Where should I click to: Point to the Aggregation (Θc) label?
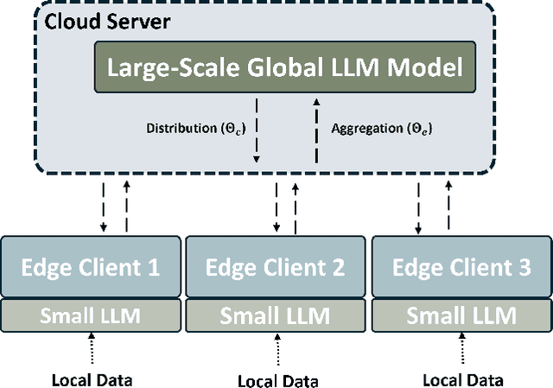382,129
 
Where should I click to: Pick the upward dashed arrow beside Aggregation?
315,129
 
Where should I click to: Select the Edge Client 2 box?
275,266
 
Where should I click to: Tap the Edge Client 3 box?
461,266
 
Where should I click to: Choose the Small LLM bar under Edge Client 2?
275,315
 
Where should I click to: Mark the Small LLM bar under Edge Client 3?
461,315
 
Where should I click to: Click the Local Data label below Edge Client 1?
91,379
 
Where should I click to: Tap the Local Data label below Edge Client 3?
463,379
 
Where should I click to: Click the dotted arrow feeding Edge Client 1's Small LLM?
91,350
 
